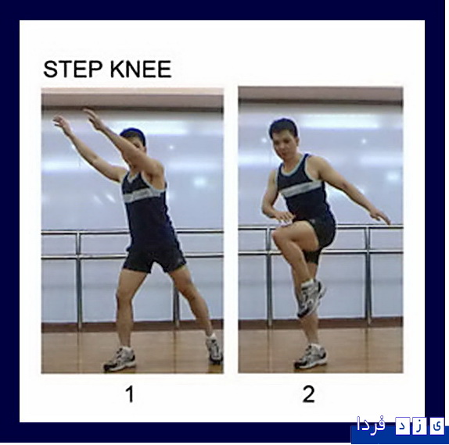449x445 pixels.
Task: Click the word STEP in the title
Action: click(73, 69)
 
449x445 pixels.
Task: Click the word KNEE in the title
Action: click(141, 69)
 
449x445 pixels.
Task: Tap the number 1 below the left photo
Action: click(131, 394)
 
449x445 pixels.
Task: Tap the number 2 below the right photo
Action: click(309, 394)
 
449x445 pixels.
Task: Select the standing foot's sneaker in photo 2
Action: click(311, 357)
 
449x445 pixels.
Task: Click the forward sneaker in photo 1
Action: click(120, 359)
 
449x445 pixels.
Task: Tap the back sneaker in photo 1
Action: click(214, 349)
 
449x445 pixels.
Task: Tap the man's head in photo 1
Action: click(134, 140)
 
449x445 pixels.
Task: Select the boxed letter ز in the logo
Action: click(420, 425)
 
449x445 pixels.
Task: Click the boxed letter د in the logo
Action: click(403, 425)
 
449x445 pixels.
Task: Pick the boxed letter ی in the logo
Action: click(436, 425)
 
